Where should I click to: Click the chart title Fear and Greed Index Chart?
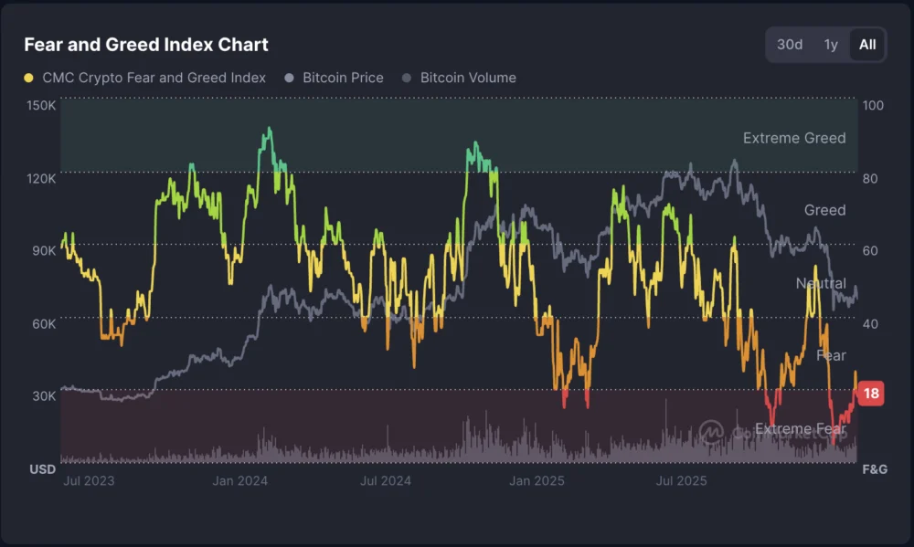click(145, 44)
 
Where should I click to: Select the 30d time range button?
click(790, 44)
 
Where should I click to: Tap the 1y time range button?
click(831, 44)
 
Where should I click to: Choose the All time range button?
click(867, 44)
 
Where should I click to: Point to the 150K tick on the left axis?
click(41, 105)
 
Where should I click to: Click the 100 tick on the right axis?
click(873, 105)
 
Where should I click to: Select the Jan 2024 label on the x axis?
click(239, 481)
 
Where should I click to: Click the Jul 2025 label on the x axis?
click(682, 481)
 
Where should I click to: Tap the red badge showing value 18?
click(871, 394)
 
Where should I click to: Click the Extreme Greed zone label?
click(793, 138)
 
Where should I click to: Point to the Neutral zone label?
click(820, 283)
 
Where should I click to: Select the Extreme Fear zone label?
click(800, 428)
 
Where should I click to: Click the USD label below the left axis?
click(42, 469)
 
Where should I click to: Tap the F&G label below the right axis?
click(874, 469)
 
